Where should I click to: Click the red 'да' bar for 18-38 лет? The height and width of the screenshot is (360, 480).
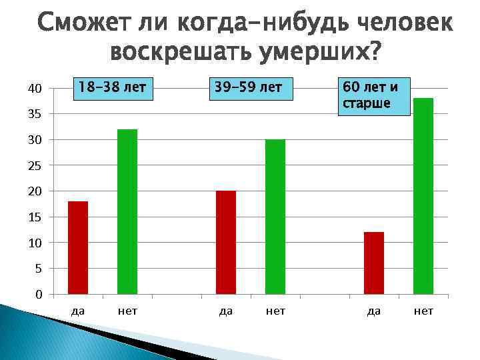tap(78, 247)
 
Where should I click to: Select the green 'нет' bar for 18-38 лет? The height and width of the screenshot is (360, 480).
tap(127, 211)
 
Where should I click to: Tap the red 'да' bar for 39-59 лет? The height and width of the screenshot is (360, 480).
tap(226, 242)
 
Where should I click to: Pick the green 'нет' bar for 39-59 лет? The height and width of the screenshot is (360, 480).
tap(275, 217)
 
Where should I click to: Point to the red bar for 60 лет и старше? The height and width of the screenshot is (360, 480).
tap(374, 263)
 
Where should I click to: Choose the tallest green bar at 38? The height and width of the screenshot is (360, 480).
tap(423, 196)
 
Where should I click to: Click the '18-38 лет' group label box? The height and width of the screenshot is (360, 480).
tap(112, 87)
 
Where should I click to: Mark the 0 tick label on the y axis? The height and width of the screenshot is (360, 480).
tap(38, 295)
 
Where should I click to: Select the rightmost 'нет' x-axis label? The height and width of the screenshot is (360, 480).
tap(423, 311)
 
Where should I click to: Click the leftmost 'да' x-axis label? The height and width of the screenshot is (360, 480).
tap(78, 311)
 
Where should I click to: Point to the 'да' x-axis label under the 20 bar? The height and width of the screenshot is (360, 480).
tap(226, 311)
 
